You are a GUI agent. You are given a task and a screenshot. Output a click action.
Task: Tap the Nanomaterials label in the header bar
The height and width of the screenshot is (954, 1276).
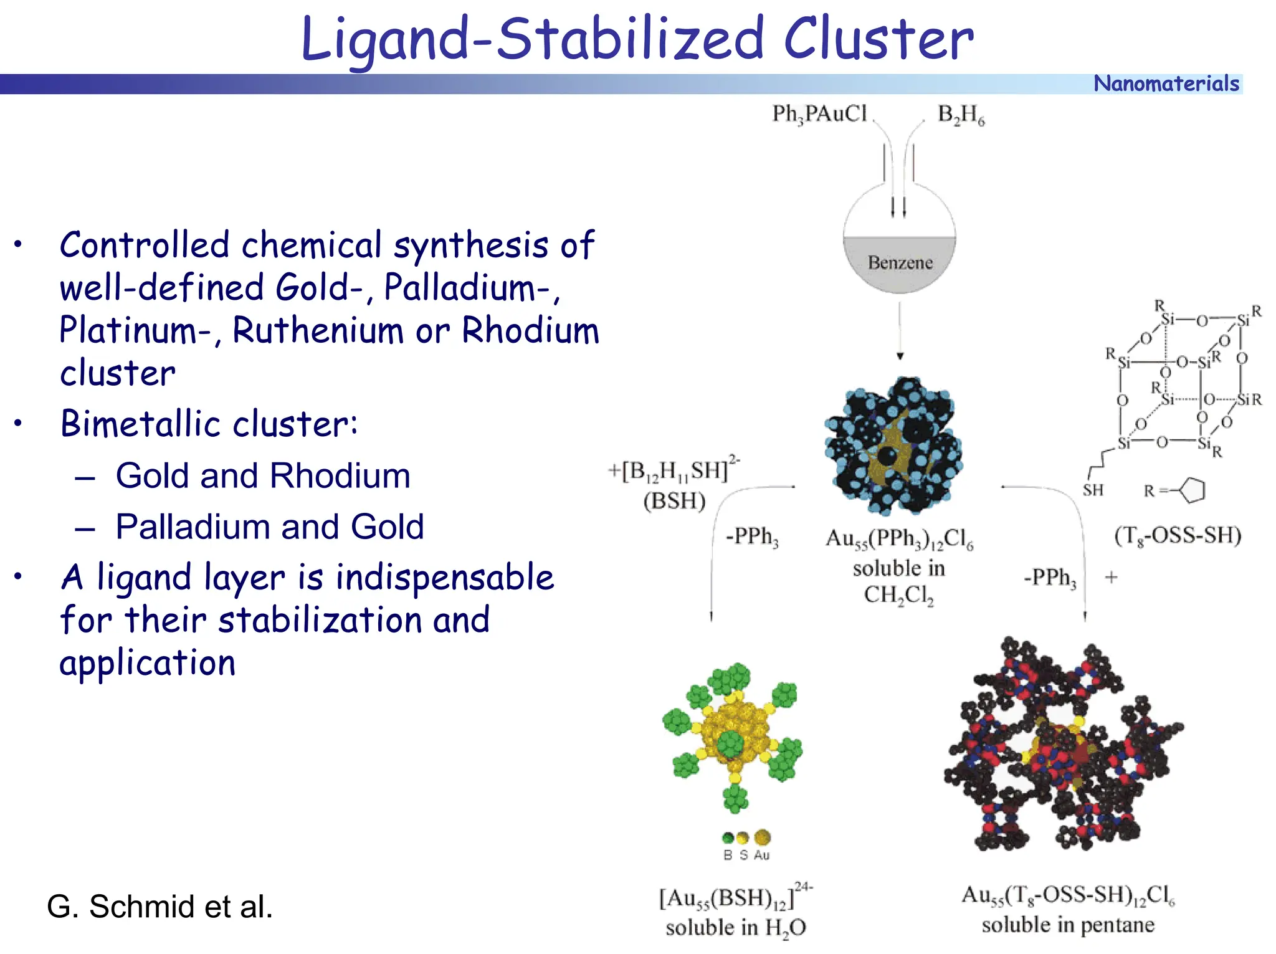[x=1166, y=83]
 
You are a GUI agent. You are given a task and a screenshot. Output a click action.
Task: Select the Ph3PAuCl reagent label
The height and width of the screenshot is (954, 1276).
[x=819, y=114]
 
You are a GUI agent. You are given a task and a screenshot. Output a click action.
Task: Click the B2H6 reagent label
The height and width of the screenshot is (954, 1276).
[x=961, y=115]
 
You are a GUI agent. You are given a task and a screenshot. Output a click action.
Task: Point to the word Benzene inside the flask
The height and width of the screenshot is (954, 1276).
[x=900, y=262]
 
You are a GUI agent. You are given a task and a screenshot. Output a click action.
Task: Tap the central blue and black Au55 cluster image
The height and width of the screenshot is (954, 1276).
[x=893, y=446]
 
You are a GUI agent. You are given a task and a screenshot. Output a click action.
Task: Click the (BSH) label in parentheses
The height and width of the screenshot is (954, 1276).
[x=674, y=501]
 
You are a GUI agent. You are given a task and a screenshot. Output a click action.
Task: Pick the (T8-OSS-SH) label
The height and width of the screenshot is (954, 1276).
[x=1177, y=535]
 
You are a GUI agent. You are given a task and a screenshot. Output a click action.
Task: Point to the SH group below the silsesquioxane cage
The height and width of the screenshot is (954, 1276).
[x=1093, y=490]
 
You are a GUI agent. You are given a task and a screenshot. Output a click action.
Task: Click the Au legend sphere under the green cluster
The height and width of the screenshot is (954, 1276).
[x=762, y=837]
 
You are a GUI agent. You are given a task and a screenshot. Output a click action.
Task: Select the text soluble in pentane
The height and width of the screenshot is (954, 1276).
[x=1067, y=925]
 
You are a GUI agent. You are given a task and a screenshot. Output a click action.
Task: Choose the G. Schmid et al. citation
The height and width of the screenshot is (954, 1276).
[x=159, y=907]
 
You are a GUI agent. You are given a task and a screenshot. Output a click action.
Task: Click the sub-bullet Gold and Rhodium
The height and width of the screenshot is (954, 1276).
[x=262, y=476]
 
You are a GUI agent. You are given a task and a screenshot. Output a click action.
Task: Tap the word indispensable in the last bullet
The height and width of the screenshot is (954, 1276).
[x=444, y=577]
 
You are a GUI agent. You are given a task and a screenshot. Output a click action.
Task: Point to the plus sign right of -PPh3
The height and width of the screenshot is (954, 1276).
[x=1111, y=577]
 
